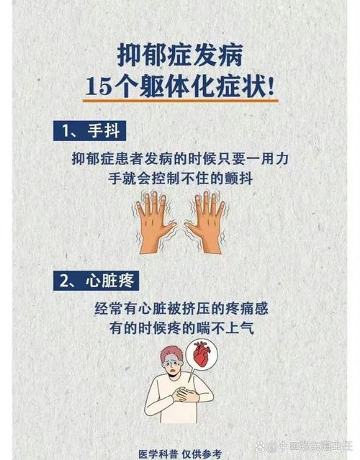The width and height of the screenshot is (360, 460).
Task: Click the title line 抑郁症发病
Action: coord(180,55)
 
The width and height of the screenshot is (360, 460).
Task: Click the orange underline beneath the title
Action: coord(180,102)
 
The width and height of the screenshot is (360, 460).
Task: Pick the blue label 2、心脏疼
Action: coord(96,280)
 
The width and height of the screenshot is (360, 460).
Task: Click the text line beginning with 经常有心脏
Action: coord(180,307)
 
